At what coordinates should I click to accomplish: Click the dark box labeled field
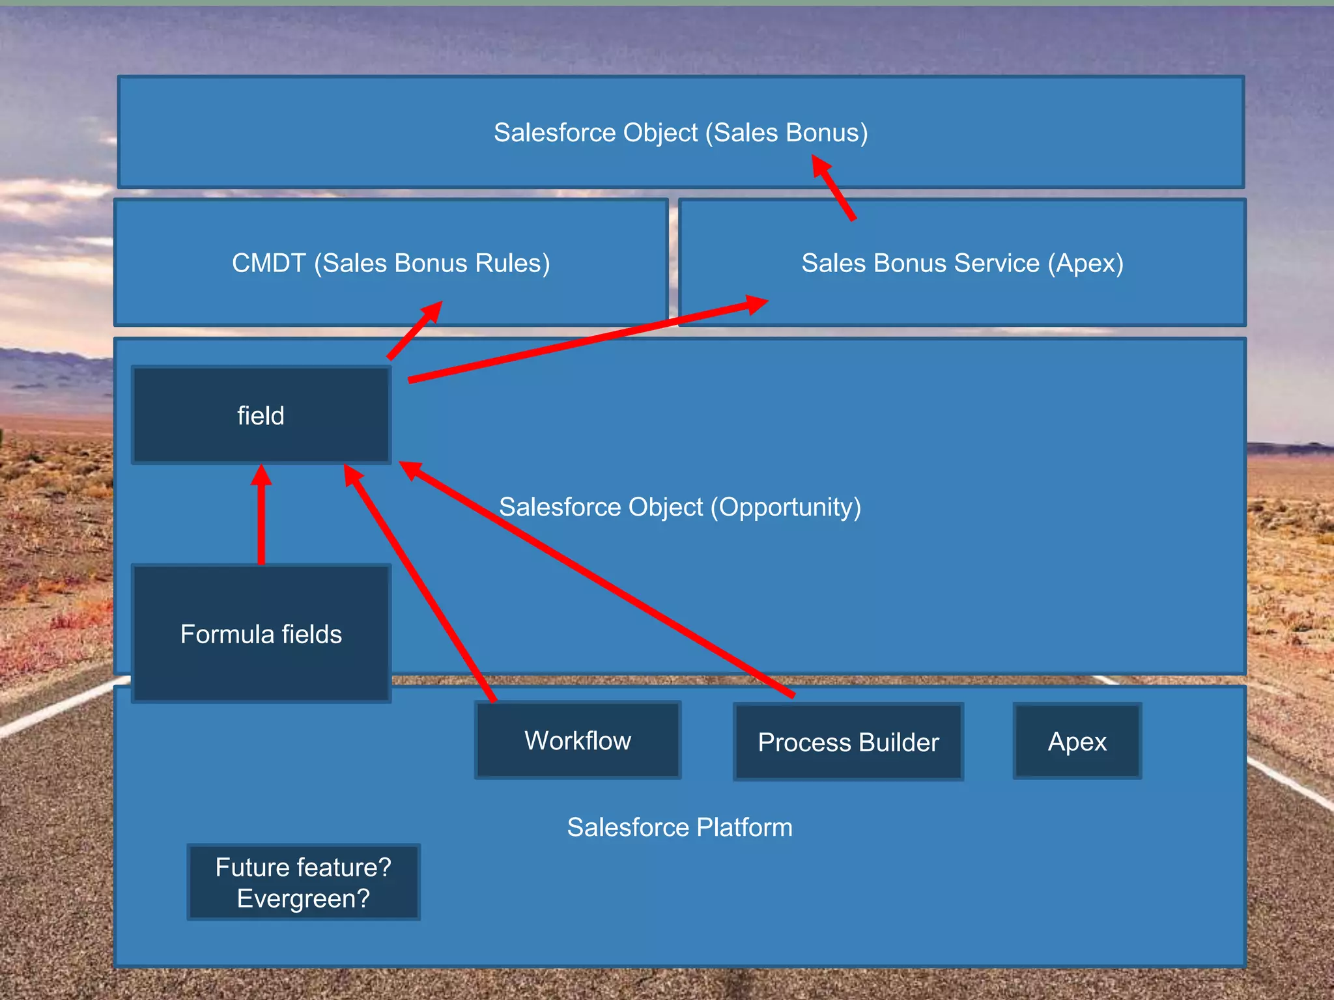(x=261, y=415)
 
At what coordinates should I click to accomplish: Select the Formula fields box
(x=261, y=633)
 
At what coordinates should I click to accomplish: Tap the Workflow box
(x=578, y=740)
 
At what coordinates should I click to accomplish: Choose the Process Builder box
(x=848, y=742)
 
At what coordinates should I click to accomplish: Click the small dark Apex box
(x=1077, y=742)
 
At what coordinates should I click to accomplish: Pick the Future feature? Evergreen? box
(x=304, y=882)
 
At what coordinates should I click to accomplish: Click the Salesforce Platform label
(x=679, y=827)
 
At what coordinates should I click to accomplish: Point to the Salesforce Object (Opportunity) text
(x=679, y=507)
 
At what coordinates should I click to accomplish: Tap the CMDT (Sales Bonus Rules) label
(x=391, y=263)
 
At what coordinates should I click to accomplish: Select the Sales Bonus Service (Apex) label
(x=962, y=263)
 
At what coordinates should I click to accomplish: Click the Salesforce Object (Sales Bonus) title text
(x=681, y=132)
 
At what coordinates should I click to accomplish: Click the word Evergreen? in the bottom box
(x=304, y=898)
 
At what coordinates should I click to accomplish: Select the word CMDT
(x=268, y=263)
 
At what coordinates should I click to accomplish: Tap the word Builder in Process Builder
(x=900, y=742)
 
